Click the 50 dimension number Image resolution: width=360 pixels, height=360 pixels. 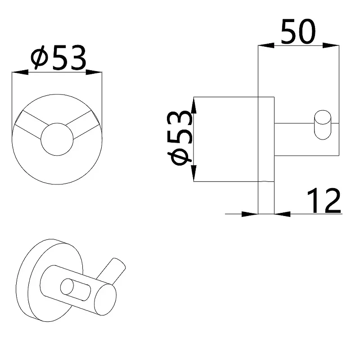298,32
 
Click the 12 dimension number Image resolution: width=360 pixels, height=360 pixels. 324,201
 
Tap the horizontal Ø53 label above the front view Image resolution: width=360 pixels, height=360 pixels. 58,58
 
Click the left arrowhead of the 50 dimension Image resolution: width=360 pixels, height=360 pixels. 266,45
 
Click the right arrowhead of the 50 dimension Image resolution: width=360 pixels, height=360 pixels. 331,45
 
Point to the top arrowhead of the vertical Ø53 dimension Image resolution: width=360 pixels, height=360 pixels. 194,105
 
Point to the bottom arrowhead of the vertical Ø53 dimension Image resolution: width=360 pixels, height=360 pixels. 194,173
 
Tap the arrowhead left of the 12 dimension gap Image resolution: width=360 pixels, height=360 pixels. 250,214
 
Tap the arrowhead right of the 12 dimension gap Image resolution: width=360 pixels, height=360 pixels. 283,214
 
